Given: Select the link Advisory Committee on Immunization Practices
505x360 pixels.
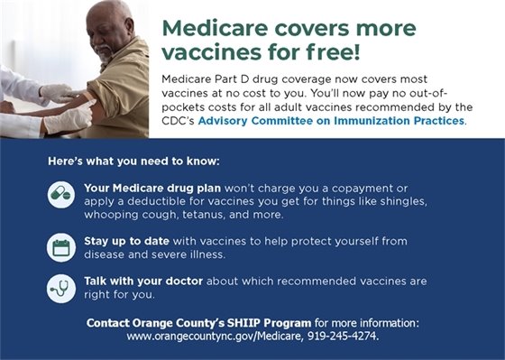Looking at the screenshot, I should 331,120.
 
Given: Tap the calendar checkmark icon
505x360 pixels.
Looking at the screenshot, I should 61,247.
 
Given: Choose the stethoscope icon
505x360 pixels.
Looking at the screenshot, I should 61,287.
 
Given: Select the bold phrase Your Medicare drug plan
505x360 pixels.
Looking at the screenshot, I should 142,187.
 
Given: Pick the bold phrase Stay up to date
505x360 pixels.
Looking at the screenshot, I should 122,241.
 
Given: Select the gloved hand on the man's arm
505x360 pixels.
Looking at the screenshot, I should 56,92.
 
